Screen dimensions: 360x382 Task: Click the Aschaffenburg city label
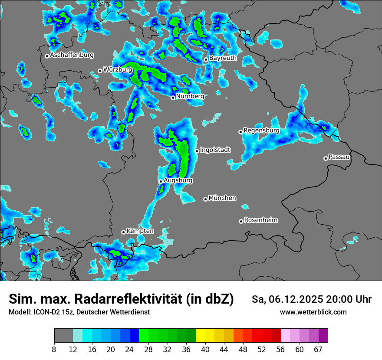click(72, 55)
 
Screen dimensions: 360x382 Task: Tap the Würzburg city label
click(118, 69)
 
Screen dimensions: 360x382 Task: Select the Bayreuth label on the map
click(223, 58)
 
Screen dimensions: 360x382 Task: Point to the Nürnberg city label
click(190, 96)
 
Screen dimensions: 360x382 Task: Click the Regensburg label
click(261, 130)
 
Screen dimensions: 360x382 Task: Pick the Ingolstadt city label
click(215, 150)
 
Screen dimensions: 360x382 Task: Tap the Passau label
click(339, 157)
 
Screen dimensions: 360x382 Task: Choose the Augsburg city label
click(178, 180)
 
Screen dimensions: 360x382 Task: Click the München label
click(222, 198)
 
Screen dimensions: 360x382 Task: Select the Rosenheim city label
click(260, 220)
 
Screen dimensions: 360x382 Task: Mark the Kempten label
click(140, 231)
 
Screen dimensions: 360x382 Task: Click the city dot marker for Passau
click(326, 158)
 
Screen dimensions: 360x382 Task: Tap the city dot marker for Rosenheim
click(241, 221)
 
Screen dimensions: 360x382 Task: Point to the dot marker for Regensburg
click(240, 132)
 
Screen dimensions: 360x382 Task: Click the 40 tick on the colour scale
click(205, 349)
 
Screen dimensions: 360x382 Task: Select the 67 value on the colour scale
click(318, 349)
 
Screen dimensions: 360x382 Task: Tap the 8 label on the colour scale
click(54, 349)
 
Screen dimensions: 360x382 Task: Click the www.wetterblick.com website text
click(313, 312)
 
